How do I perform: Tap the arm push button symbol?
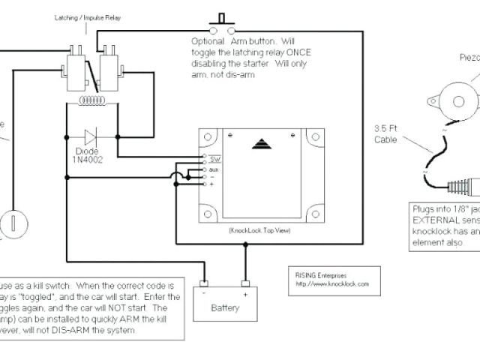221,20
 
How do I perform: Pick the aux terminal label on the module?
214,169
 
